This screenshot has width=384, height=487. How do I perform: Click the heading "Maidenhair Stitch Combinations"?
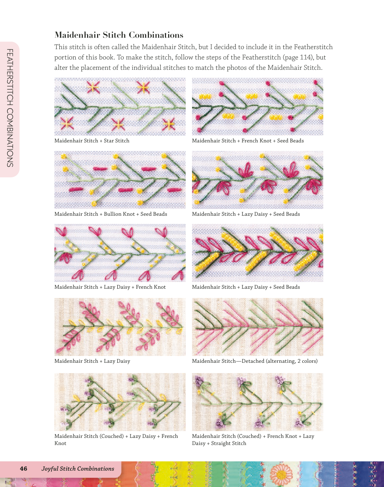[x=119, y=35]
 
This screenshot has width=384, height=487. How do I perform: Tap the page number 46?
[x=23, y=468]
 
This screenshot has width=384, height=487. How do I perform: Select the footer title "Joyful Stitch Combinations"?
[x=78, y=469]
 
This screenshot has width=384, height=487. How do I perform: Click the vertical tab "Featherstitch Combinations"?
[x=10, y=108]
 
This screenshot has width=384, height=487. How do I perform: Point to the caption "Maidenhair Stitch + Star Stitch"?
[x=92, y=141]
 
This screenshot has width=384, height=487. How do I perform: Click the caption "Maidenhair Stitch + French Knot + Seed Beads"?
[x=248, y=141]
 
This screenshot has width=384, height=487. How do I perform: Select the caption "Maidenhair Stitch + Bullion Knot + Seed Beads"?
[x=111, y=214]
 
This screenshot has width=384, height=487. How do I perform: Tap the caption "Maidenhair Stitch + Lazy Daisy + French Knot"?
[x=110, y=287]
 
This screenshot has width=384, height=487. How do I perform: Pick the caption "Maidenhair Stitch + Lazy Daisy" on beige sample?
[x=92, y=361]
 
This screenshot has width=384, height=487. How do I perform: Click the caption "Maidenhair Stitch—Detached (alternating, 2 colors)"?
[x=255, y=361]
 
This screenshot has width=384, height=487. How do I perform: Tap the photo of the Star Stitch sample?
[x=120, y=106]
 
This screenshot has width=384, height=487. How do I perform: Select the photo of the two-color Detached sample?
[x=257, y=327]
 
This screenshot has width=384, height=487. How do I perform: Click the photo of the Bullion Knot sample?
[x=120, y=180]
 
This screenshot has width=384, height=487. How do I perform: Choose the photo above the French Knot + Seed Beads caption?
[x=257, y=106]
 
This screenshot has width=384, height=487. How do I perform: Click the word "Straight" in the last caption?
[x=220, y=443]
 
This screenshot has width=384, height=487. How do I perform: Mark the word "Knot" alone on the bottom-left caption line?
[x=60, y=443]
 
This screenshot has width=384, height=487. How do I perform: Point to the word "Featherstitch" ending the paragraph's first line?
[x=313, y=47]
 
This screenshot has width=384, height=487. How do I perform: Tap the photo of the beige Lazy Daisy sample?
[x=120, y=327]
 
